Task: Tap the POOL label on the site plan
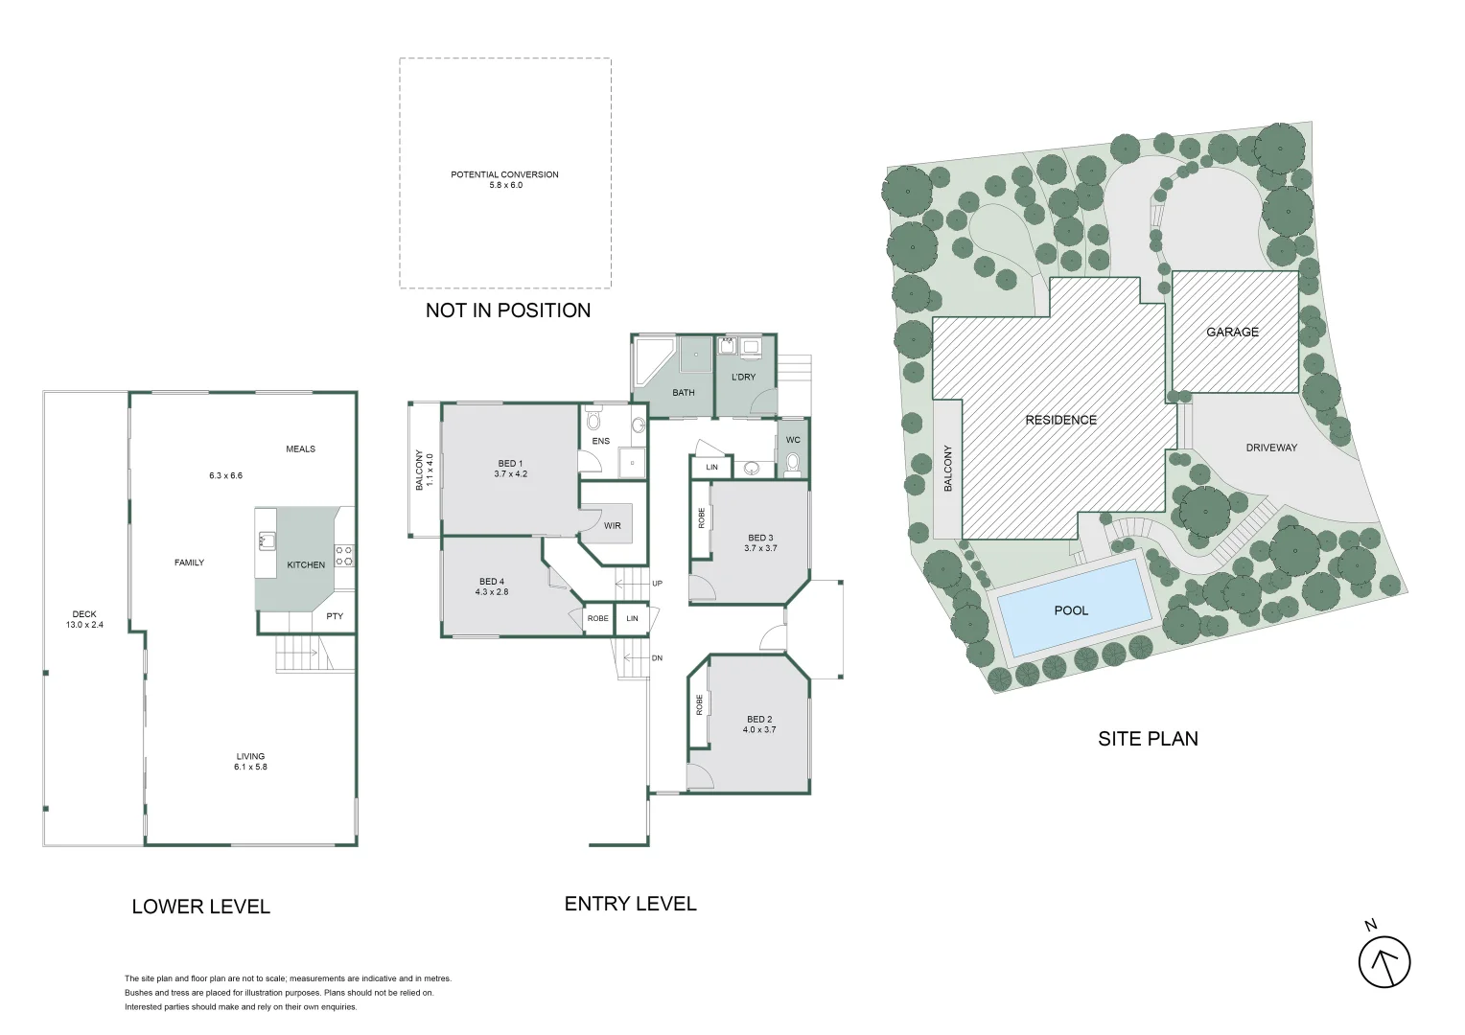tap(1071, 610)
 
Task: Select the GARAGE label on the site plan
tap(1232, 333)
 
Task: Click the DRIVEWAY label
tap(1271, 448)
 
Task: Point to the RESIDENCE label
tap(1060, 420)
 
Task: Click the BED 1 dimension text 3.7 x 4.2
tap(511, 474)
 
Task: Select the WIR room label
tap(612, 526)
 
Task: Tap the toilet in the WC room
tap(793, 465)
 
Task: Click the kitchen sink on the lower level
tap(267, 541)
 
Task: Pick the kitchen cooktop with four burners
tap(344, 556)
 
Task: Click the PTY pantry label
tap(335, 616)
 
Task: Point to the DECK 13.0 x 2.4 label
tap(84, 619)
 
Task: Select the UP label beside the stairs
tap(658, 584)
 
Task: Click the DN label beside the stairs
tap(658, 658)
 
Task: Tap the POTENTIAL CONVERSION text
tap(505, 174)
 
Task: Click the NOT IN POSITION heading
tap(508, 310)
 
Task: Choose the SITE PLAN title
tap(1148, 739)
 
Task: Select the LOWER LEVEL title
tap(200, 907)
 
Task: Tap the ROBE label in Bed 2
tap(699, 704)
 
